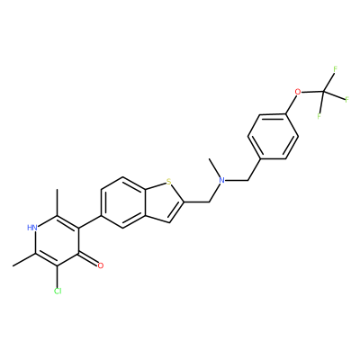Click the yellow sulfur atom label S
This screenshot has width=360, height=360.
[x=168, y=182]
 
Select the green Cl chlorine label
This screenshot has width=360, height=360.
[x=58, y=291]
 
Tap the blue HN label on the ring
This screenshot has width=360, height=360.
[x=32, y=228]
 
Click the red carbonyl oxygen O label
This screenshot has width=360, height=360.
[x=101, y=265]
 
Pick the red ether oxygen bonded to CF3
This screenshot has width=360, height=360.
[x=297, y=92]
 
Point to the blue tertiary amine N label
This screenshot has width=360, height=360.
[x=221, y=180]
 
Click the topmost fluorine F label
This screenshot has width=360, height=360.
[x=336, y=69]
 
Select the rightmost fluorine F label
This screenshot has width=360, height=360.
[x=346, y=99]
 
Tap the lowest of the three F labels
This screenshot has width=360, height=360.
[x=319, y=116]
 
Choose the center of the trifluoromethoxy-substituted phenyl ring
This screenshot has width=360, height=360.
[x=273, y=137]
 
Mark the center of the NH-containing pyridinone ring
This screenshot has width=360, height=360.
[x=58, y=241]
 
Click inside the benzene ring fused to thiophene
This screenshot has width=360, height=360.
[x=123, y=202]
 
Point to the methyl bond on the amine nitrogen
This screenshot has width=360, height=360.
[x=216, y=169]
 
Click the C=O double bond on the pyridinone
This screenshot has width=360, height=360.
[x=89, y=259]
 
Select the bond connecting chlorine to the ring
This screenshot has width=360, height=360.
[x=58, y=276]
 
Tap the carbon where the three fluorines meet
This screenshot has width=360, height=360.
[x=323, y=92]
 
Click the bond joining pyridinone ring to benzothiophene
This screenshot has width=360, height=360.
[x=90, y=221]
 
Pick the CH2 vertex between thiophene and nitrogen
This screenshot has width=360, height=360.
[x=209, y=202]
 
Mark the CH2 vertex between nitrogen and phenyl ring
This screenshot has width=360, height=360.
[x=247, y=180]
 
